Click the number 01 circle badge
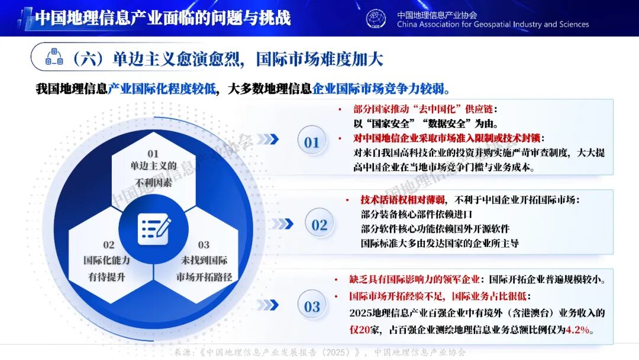tap(312, 142)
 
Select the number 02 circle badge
tap(319, 225)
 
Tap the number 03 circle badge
tap(312, 306)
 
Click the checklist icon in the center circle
tap(154, 228)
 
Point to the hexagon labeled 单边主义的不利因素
tap(154, 169)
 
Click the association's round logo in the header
tap(376, 18)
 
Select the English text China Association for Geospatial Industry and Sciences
tap(493, 25)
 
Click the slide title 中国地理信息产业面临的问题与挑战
tap(163, 18)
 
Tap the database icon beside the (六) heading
tap(54, 57)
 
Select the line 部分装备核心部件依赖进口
tap(417, 214)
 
